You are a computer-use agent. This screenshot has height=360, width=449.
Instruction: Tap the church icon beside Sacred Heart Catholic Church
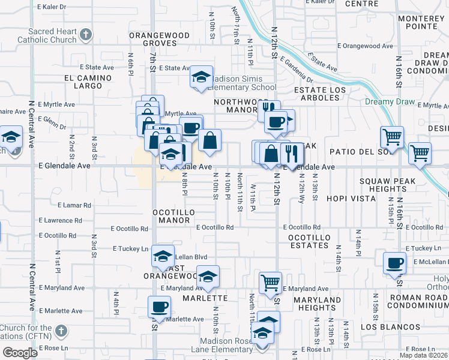(86, 34)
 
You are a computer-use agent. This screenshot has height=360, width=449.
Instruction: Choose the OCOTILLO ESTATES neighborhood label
(309, 241)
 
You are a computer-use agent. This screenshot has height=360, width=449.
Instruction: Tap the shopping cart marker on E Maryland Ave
(271, 281)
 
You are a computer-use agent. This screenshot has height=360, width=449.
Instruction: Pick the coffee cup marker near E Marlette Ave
(159, 307)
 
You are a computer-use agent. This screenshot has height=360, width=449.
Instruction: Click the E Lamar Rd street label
(71, 205)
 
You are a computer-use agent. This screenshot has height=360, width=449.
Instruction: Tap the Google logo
(20, 353)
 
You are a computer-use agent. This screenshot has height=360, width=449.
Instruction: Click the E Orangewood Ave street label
(365, 46)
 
